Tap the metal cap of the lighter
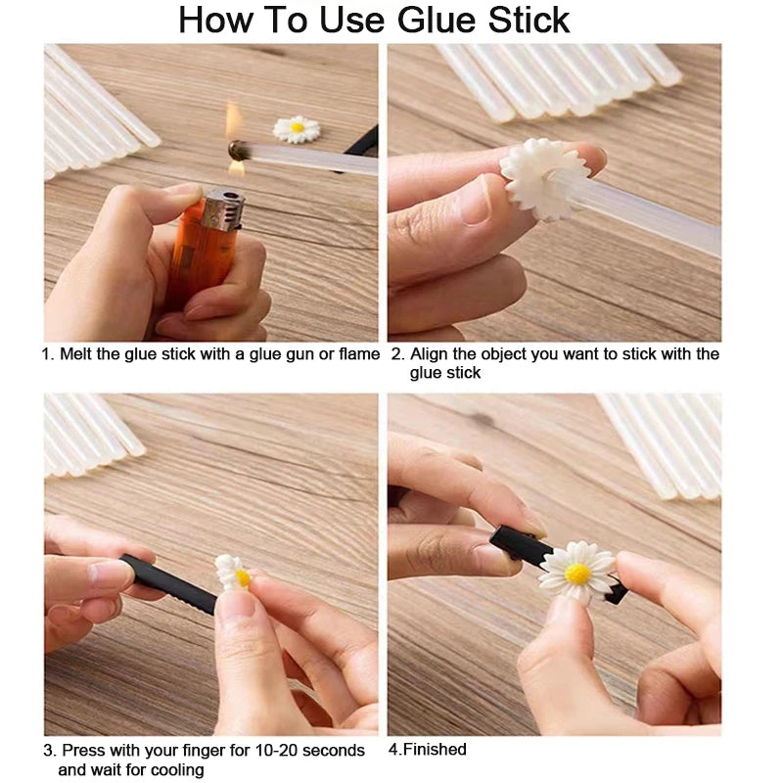point(223,209)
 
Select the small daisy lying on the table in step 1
point(297,129)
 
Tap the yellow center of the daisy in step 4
point(577,574)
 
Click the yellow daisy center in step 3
point(243,577)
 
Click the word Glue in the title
point(437,21)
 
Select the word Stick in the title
point(529,21)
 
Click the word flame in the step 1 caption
point(359,354)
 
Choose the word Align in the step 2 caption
point(429,354)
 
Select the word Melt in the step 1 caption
point(76,354)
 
